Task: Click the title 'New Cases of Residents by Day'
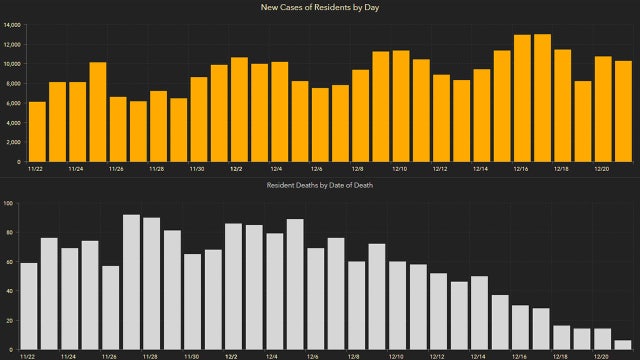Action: click(320, 8)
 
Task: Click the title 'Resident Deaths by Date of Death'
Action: click(320, 186)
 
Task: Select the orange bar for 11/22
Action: click(37, 131)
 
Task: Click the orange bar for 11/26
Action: click(118, 129)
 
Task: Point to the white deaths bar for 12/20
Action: click(602, 338)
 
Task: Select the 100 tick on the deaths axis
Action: click(8, 204)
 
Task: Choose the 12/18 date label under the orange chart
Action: click(561, 169)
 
